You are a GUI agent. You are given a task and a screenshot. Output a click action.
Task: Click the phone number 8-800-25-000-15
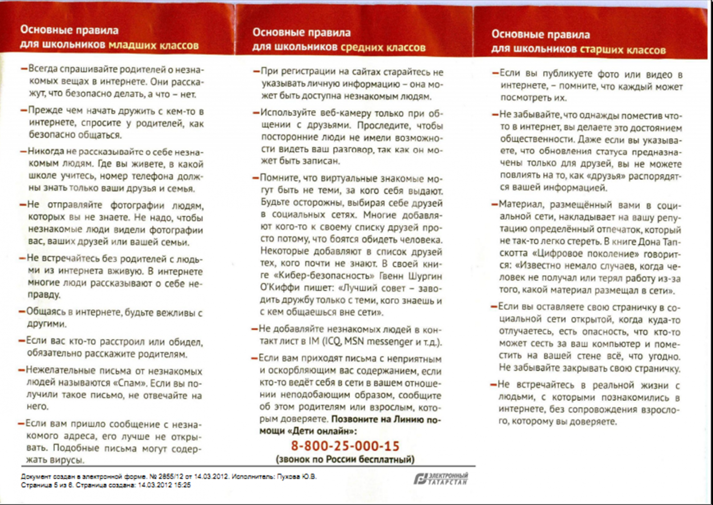345,446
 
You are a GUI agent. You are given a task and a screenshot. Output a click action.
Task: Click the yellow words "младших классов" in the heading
154,45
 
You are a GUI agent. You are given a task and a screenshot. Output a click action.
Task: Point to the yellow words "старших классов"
623,50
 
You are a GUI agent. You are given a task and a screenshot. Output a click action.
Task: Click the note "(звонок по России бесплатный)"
345,459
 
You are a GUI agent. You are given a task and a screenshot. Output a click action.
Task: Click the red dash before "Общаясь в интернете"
22,312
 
